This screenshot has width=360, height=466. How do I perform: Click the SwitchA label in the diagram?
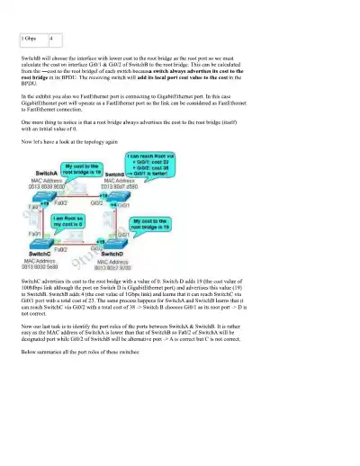(x=47, y=171)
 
